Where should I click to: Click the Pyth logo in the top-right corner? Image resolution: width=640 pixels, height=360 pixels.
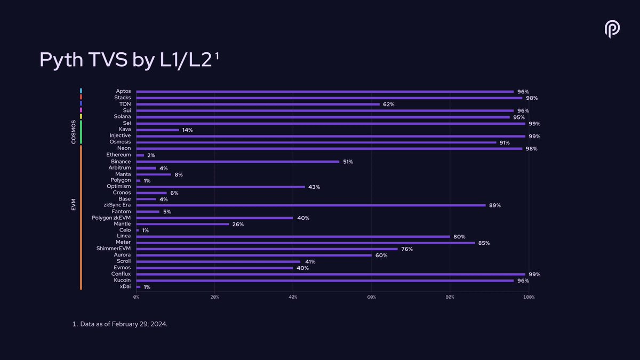[x=612, y=29]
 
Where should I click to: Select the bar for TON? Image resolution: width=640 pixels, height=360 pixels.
[x=258, y=105]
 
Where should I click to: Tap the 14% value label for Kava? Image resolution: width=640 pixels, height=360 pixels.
[x=187, y=130]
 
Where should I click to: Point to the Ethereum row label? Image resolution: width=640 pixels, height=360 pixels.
[x=118, y=155]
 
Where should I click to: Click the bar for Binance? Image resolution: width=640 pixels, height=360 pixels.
[x=237, y=162]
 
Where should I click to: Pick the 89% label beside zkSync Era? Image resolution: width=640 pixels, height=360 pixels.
[x=495, y=206]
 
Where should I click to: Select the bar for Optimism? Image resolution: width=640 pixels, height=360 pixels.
[x=220, y=187]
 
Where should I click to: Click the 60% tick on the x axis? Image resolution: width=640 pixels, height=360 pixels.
[x=372, y=297]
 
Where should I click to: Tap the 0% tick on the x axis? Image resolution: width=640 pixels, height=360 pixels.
[x=137, y=297]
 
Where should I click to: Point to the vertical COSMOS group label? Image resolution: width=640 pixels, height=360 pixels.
[x=74, y=132]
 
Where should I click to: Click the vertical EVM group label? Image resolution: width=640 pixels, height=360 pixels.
[x=74, y=205]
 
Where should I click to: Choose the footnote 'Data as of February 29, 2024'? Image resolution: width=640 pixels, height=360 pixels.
[x=120, y=324]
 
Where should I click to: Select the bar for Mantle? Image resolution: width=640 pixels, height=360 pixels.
[x=182, y=225]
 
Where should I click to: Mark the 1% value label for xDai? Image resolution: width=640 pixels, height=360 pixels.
[x=147, y=287]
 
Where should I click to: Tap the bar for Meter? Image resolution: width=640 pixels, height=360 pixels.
[x=305, y=243]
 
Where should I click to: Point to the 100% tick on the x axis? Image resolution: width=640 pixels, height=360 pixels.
[x=529, y=297]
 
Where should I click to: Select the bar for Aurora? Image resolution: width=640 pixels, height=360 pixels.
[x=254, y=255]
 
